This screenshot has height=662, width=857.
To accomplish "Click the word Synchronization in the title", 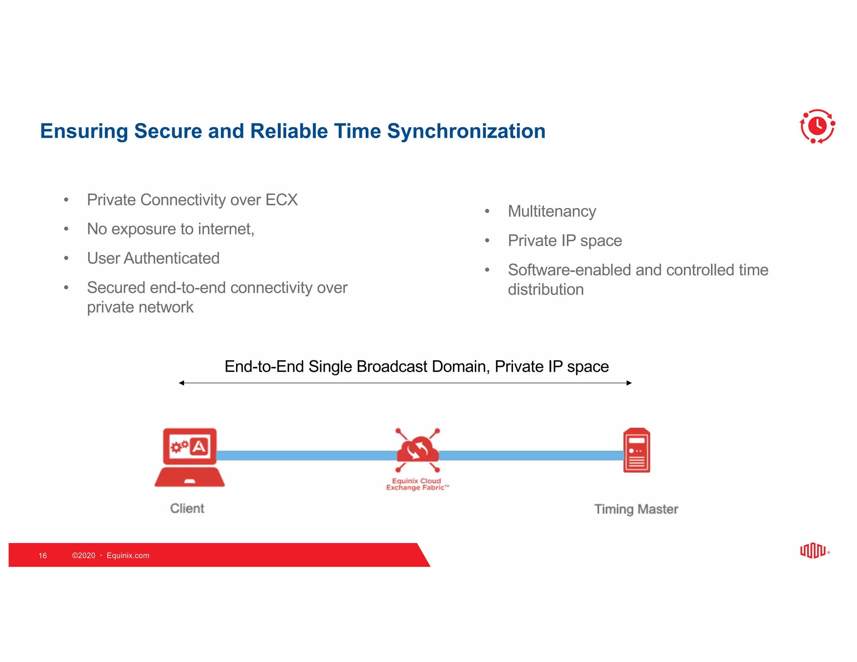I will (466, 131).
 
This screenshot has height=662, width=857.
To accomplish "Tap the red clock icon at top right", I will (817, 126).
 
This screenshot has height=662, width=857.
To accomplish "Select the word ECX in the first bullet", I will (282, 200).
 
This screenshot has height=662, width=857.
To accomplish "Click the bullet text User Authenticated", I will (153, 259).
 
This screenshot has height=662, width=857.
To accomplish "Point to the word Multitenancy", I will (552, 211).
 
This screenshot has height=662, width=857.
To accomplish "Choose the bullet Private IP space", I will (564, 241).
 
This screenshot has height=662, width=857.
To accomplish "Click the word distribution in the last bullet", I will (545, 290).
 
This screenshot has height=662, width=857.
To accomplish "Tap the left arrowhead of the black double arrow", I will (182, 383).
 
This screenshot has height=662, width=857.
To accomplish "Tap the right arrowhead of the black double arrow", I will (629, 383).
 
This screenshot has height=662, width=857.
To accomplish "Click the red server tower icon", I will (636, 450).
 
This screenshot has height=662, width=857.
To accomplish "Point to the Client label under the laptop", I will (187, 508).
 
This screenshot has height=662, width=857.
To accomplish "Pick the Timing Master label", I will (636, 509).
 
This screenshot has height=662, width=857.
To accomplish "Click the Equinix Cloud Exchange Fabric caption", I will (417, 484).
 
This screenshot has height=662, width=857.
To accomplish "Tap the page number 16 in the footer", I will (43, 556).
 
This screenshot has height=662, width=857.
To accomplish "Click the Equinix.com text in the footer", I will (128, 556).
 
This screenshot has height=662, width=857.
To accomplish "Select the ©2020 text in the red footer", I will (84, 556).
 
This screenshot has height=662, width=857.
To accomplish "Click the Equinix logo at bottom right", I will (813, 551).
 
